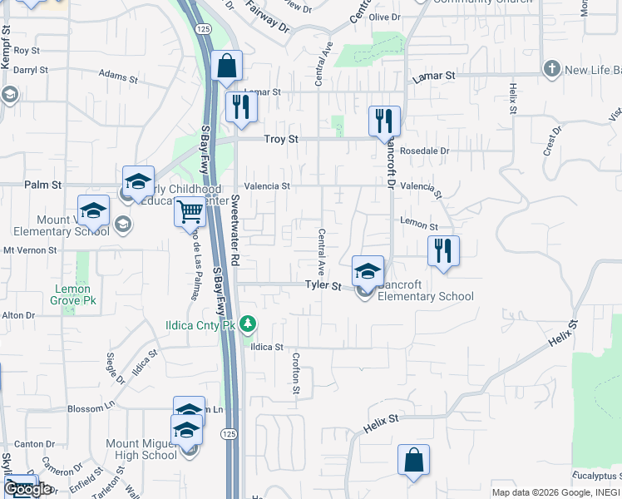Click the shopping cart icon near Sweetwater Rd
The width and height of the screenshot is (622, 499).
click(190, 213)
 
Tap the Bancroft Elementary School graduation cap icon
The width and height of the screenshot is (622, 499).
click(368, 271)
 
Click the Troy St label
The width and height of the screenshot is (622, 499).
click(281, 140)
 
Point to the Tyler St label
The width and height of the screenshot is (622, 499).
click(323, 286)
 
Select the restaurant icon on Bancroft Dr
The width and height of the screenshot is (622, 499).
click(384, 121)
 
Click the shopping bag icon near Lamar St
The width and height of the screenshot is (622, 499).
click(226, 67)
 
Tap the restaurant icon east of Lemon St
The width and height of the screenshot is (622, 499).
click(443, 251)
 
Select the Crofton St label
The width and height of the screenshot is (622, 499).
click(295, 372)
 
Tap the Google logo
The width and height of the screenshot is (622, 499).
click(27, 488)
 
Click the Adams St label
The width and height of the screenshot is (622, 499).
click(118, 77)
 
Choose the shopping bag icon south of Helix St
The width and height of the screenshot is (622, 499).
click(413, 461)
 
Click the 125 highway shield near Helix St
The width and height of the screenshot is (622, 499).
click(227, 433)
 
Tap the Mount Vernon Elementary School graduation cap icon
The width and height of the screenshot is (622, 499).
click(93, 210)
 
